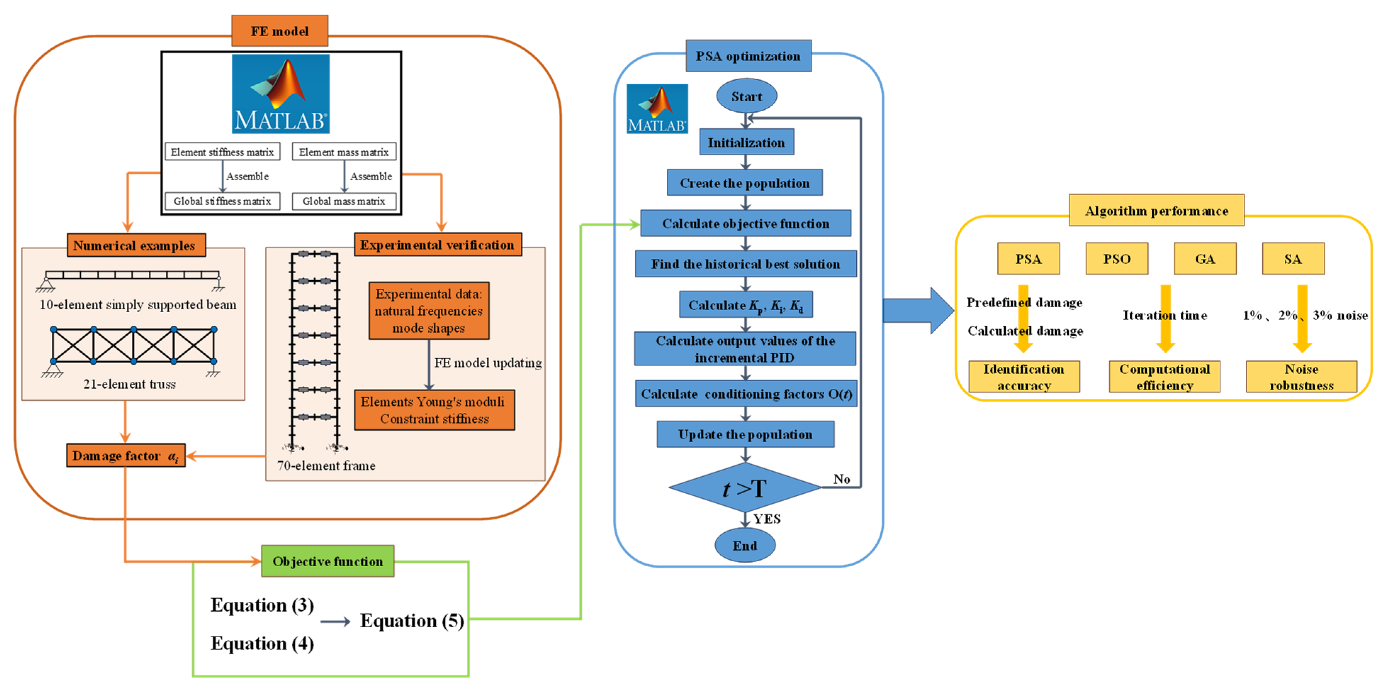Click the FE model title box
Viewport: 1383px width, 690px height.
click(280, 30)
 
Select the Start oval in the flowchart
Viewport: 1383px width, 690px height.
click(746, 96)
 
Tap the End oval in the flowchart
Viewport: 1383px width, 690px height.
click(745, 545)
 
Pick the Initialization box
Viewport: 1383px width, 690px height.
click(746, 142)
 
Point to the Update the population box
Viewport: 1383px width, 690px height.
click(745, 434)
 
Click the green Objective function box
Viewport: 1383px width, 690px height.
click(327, 561)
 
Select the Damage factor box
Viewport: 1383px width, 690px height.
click(126, 455)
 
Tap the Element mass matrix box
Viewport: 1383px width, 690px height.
click(344, 152)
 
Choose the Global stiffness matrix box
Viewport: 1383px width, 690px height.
click(222, 201)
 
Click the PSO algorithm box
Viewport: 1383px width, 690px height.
click(1117, 259)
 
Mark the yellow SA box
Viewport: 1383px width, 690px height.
click(1293, 259)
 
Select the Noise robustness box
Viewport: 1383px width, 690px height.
click(1302, 377)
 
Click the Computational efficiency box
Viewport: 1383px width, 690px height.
click(1164, 377)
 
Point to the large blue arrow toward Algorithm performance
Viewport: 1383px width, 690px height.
click(919, 310)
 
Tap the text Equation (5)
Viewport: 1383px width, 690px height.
click(412, 621)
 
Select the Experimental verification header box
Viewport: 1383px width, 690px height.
click(438, 245)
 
